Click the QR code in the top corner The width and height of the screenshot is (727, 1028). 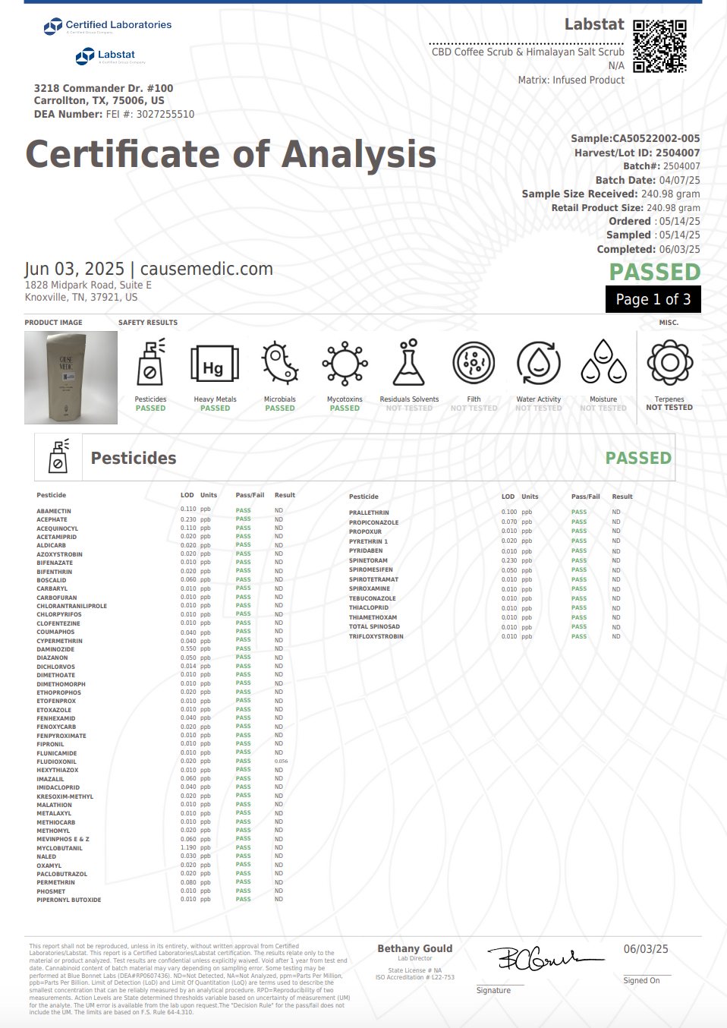tap(659, 46)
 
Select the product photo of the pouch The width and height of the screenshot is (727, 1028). tap(71, 377)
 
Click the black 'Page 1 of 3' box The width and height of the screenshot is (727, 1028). tap(653, 299)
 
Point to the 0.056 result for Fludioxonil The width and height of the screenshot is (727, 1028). tap(281, 762)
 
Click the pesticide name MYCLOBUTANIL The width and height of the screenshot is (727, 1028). tap(59, 848)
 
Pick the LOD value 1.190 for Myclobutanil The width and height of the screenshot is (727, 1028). tap(188, 848)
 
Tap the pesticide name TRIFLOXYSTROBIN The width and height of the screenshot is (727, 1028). tap(376, 636)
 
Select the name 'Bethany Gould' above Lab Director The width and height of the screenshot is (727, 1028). tap(414, 948)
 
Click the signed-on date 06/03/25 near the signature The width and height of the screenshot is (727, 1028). tap(646, 949)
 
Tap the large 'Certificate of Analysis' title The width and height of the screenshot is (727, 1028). tap(231, 154)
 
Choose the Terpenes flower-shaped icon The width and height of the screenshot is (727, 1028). tap(669, 363)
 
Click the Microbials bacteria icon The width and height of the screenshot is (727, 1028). tap(279, 363)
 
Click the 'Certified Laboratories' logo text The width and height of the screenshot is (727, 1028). tap(118, 25)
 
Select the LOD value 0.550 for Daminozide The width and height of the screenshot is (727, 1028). tap(188, 649)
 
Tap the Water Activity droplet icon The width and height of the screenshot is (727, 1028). tap(538, 363)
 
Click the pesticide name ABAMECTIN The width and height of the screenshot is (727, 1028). tap(54, 511)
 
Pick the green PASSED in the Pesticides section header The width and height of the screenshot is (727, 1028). tap(637, 458)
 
